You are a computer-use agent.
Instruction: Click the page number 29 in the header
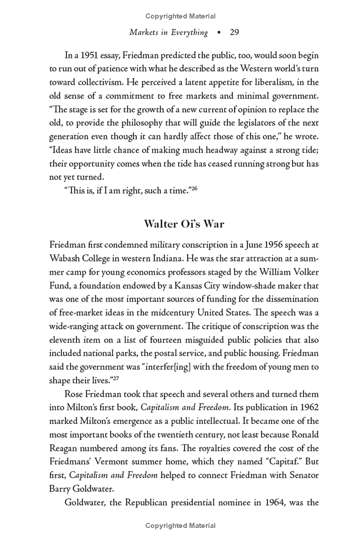click(x=234, y=32)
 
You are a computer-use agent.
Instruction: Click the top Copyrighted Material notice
click(x=180, y=17)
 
